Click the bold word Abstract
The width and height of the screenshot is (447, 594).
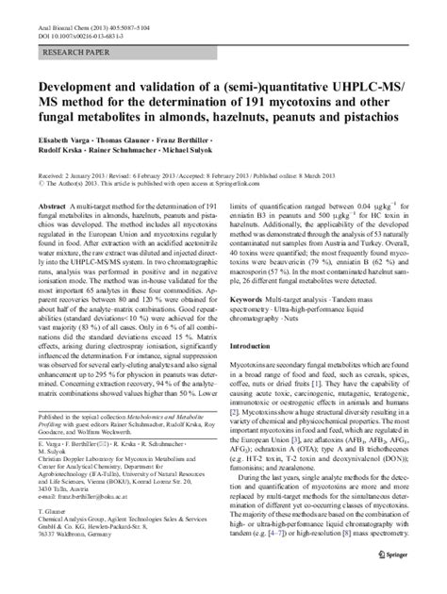[50, 205]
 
